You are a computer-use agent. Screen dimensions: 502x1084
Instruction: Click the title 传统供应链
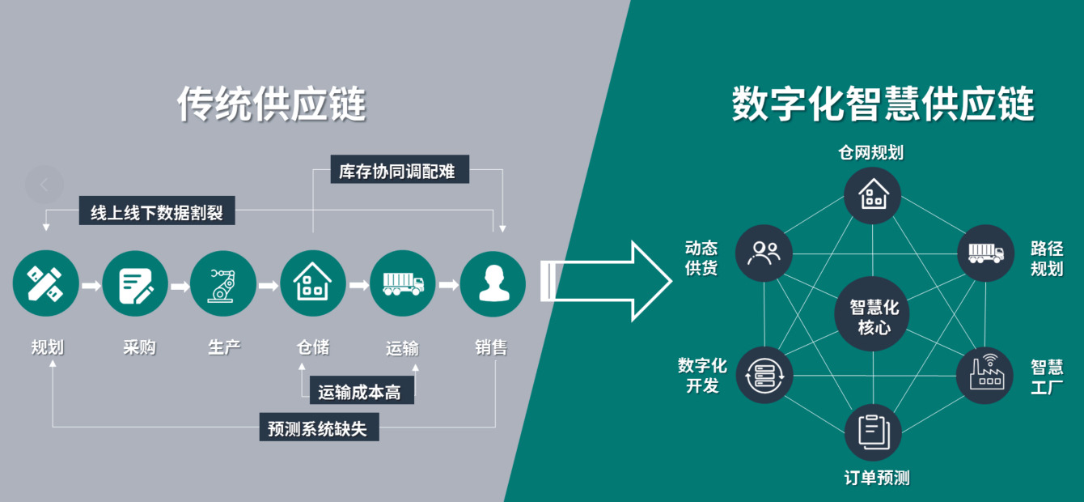tap(272, 104)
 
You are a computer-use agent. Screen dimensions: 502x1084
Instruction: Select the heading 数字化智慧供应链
tap(883, 104)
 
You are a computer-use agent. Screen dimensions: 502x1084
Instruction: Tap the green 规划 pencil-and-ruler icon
tap(45, 284)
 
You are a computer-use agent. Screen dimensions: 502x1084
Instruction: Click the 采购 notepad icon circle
tap(135, 284)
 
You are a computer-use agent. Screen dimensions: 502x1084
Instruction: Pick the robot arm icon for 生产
tap(223, 284)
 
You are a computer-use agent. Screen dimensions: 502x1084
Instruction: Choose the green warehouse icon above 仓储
tap(313, 284)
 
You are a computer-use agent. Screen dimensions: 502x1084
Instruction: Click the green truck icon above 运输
tap(402, 284)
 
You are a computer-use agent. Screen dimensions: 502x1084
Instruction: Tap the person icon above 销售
tap(493, 284)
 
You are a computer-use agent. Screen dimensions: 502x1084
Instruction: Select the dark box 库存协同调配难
tap(400, 171)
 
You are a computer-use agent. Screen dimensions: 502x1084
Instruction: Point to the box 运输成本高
tap(362, 393)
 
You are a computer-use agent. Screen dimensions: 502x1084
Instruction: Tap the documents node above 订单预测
tap(873, 432)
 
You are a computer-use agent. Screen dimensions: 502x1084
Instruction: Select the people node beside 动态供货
tap(764, 253)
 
